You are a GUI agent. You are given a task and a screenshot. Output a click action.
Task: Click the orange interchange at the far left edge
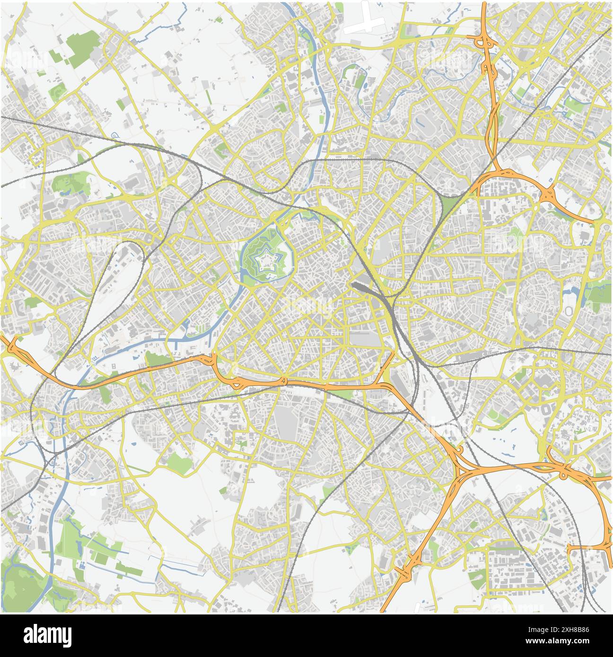click(12, 345)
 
